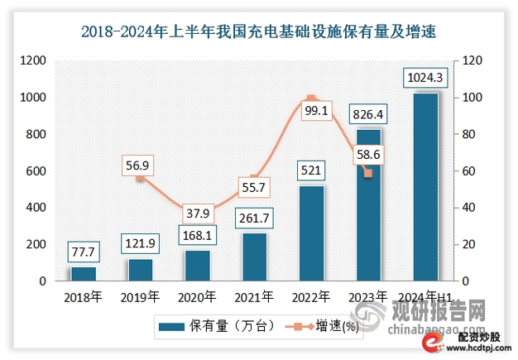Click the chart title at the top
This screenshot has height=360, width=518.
258,32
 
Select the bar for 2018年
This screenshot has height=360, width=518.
84,273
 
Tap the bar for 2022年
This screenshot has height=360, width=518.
311,233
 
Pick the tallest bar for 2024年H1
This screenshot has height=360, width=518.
424,187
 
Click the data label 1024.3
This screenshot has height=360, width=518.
425,79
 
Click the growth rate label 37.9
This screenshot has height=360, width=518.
198,214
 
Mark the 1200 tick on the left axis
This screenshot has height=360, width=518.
34,60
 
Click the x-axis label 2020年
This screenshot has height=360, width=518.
198,296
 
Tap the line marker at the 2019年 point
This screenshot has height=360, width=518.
141,177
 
